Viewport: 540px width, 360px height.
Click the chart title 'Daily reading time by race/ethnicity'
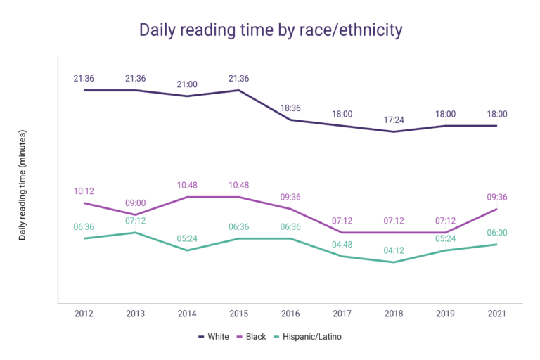click(x=270, y=30)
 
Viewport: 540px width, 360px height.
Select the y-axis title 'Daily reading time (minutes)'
click(x=22, y=185)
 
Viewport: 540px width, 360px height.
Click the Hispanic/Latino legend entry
click(x=307, y=337)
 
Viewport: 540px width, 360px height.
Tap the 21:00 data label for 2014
click(x=187, y=84)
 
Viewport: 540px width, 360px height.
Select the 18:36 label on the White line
click(x=290, y=108)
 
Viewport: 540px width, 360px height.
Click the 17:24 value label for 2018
click(x=394, y=120)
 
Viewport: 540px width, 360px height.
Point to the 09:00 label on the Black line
click(x=135, y=202)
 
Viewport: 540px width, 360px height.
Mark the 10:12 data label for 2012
click(x=84, y=191)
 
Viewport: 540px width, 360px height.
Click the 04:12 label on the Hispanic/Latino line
click(x=394, y=250)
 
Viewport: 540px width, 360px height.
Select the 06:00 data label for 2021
click(x=497, y=232)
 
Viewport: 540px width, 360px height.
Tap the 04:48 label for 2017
click(x=342, y=244)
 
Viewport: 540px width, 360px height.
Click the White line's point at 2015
click(x=238, y=90)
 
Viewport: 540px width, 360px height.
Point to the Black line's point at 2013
click(x=135, y=215)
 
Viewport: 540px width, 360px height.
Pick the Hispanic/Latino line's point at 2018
click(x=394, y=262)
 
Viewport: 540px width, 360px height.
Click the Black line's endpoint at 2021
click(x=497, y=209)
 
